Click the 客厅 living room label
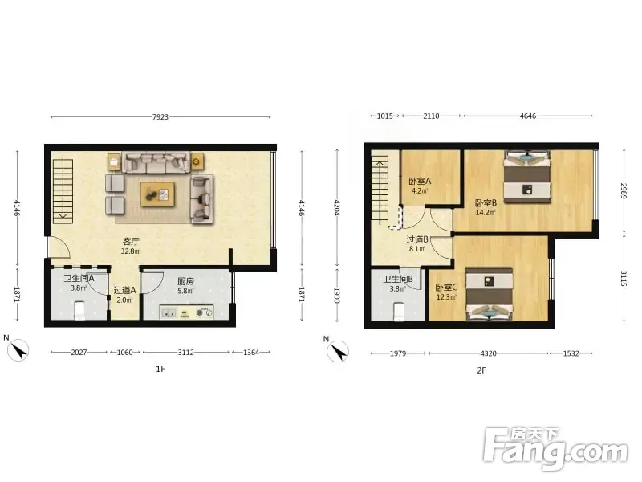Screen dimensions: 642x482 (x=131, y=242)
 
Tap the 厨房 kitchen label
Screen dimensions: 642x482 (x=185, y=282)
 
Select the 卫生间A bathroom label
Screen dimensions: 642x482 (x=79, y=278)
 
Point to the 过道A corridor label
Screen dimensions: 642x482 (x=124, y=290)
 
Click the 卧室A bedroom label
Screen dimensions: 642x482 (x=420, y=181)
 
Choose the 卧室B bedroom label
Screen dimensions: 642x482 (x=486, y=203)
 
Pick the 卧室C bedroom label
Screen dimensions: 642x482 (x=446, y=288)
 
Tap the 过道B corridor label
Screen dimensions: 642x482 (x=417, y=239)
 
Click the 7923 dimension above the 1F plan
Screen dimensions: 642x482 (x=160, y=116)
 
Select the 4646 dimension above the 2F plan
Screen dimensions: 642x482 (x=528, y=116)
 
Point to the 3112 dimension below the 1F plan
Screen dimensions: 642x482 (x=186, y=352)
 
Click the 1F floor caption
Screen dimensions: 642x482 (x=160, y=369)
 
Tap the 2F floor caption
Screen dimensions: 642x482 (x=481, y=370)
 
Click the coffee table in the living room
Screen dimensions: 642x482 (x=157, y=194)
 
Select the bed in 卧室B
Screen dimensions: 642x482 (x=527, y=177)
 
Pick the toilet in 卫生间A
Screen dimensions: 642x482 (x=79, y=311)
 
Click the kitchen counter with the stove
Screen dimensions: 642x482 (x=187, y=312)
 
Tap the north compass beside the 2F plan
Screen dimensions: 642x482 (x=338, y=351)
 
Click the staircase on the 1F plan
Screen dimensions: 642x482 (x=63, y=191)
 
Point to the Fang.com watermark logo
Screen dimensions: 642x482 (x=555, y=449)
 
